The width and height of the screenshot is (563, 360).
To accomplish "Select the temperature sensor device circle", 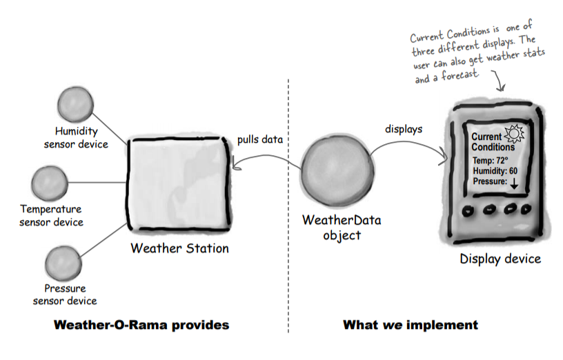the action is (50, 182).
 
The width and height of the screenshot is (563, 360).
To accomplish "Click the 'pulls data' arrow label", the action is (259, 138).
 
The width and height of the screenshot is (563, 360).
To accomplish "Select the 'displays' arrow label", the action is (404, 129).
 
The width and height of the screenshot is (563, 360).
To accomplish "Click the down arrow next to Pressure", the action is (514, 183).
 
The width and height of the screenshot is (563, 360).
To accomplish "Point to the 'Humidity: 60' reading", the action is (495, 171).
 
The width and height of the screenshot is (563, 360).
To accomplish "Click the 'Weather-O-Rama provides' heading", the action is (141, 324).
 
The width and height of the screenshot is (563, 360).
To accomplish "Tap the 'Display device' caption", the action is (500, 259).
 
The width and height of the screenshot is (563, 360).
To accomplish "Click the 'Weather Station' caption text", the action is (179, 248).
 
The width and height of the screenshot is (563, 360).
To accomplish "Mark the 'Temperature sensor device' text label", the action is (51, 215).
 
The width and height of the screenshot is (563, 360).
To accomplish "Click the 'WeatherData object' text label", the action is (342, 228).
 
